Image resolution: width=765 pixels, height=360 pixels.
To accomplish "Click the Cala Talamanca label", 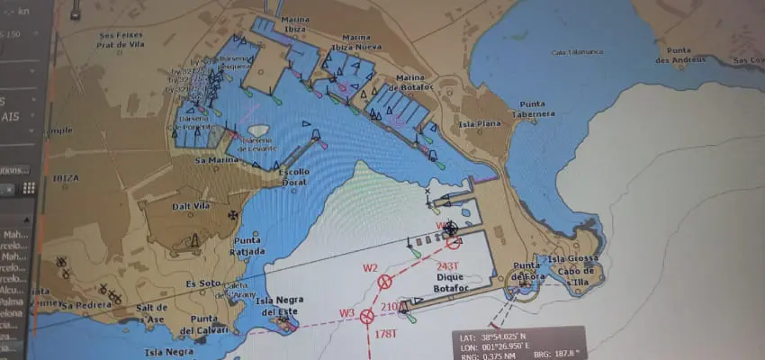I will pos(579,52).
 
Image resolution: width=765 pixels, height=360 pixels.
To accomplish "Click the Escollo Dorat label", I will pos(295,177).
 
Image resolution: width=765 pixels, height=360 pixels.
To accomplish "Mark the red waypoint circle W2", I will pos(385,282).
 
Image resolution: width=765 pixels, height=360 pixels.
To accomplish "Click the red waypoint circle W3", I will pos(367,316).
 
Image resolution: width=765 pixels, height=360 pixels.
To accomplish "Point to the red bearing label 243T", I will pos(447,265).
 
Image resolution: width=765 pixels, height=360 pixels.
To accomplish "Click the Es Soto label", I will pos(202,284).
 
